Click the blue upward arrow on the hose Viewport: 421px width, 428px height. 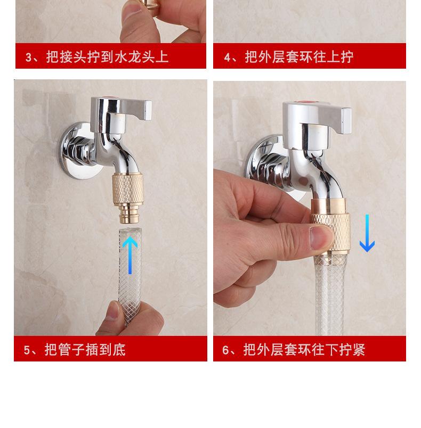[x=130, y=255]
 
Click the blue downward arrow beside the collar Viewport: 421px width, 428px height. [x=367, y=233]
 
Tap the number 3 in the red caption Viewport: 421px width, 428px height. [x=28, y=57]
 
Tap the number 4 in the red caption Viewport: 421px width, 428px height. [x=227, y=57]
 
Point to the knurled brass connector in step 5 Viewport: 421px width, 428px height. [x=127, y=188]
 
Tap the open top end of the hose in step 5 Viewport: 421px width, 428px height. [x=131, y=230]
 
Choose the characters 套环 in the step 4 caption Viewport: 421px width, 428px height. [x=299, y=57]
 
